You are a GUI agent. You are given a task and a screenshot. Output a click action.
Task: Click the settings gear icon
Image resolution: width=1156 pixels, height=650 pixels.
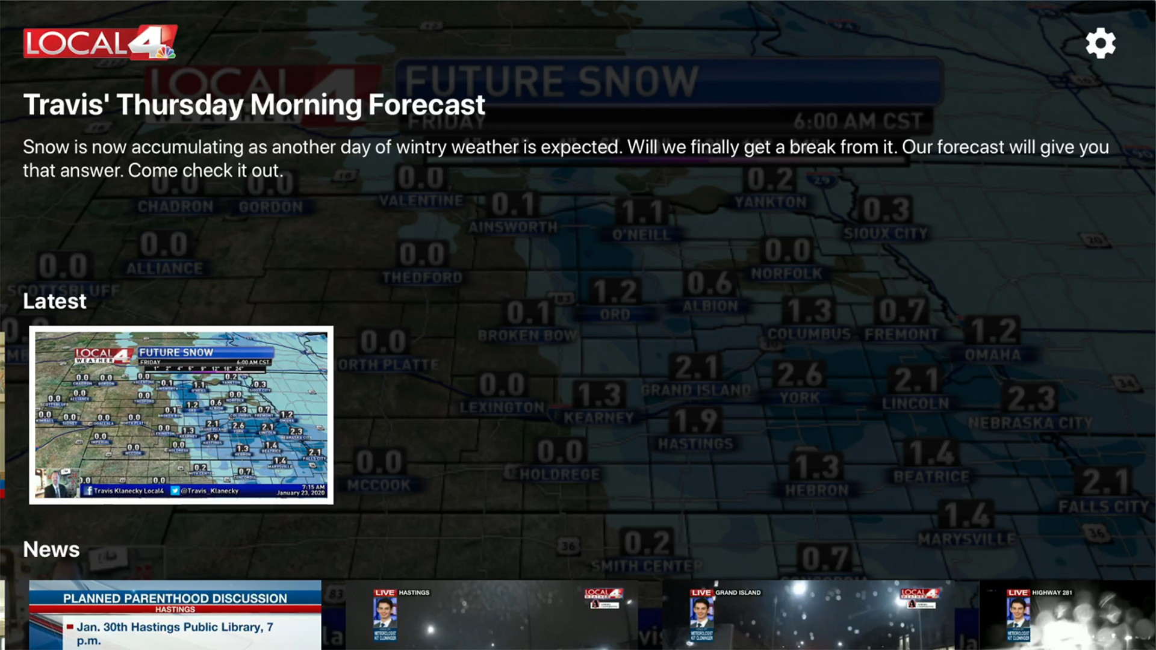tap(1101, 43)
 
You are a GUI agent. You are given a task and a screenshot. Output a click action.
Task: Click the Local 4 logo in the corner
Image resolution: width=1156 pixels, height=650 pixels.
tap(100, 43)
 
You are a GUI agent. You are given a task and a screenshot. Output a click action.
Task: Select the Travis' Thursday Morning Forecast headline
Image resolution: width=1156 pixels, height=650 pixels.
tap(253, 105)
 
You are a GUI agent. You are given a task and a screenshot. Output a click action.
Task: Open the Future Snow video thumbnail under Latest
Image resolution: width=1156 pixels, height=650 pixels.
tap(181, 415)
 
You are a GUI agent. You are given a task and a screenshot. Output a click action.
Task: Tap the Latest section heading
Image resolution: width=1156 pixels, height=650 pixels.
tap(55, 302)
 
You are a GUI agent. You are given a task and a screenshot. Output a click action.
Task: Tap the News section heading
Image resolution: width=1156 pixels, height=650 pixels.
tap(51, 549)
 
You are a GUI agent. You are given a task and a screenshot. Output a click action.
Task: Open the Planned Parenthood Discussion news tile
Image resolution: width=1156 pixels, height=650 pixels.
tap(175, 614)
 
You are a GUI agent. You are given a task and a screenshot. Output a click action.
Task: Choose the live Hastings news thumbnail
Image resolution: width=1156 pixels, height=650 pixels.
tap(492, 614)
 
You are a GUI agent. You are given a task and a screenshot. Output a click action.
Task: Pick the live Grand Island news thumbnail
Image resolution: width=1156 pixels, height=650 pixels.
tap(808, 614)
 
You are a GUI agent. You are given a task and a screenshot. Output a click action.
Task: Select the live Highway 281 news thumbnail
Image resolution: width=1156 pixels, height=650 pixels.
tap(1067, 614)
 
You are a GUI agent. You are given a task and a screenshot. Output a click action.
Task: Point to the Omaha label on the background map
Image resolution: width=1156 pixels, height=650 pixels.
tap(993, 355)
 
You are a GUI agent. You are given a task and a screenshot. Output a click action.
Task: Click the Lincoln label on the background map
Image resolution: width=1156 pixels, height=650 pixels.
tap(915, 404)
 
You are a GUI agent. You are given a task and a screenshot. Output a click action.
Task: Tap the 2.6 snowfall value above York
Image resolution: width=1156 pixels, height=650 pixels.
tap(800, 374)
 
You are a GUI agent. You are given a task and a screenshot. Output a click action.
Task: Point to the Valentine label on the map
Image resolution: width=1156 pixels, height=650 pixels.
tap(421, 201)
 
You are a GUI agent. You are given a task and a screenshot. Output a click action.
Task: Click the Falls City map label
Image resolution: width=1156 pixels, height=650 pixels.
tap(1104, 507)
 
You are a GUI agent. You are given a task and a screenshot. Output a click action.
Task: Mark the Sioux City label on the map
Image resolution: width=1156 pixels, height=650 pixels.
tap(885, 234)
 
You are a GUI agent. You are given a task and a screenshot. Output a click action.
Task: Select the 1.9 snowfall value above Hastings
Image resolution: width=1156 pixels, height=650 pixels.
tap(695, 421)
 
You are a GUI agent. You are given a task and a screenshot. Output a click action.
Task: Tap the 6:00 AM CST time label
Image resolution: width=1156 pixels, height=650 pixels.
tap(857, 122)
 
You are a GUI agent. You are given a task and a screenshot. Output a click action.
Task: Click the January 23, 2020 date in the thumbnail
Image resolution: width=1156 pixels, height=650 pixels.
tap(300, 493)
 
